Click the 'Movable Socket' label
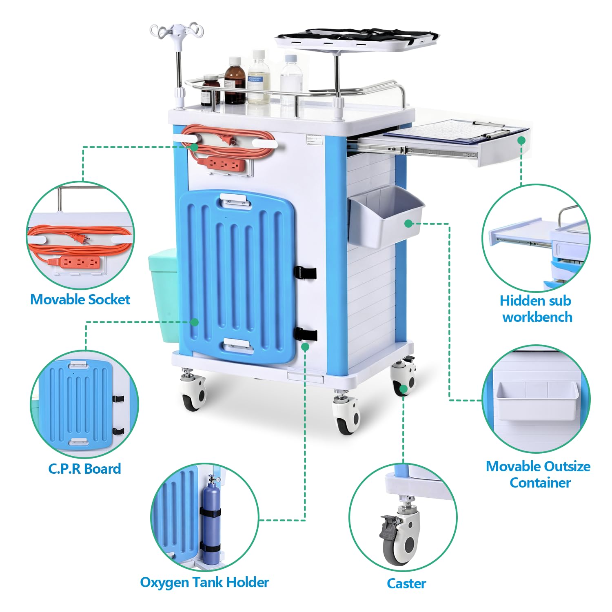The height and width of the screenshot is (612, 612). point(80,299)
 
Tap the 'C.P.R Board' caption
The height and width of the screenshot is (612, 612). point(84,468)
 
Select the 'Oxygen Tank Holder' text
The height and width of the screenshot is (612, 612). point(204,582)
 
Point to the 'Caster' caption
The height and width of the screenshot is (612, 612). point(406,583)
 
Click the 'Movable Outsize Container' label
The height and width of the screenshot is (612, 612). point(538,475)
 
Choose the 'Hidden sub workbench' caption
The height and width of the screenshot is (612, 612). point(536,309)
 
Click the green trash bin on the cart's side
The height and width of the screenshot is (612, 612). point(163,294)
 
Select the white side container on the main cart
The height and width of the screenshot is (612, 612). point(386,217)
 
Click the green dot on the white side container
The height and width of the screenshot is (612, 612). point(408,224)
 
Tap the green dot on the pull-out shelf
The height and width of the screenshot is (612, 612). point(521,140)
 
